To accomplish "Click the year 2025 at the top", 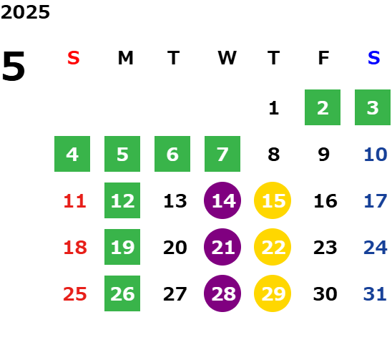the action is click(x=25, y=12).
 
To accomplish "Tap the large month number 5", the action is click(x=14, y=66).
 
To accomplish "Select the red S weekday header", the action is click(x=74, y=58).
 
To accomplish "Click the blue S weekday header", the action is click(x=374, y=58).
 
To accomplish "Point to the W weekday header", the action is click(x=227, y=58).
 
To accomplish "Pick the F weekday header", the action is click(x=323, y=58).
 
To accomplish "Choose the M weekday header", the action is click(x=125, y=58).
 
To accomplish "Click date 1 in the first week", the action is click(x=274, y=108).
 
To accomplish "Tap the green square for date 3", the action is click(x=373, y=107).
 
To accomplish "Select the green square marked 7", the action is click(x=222, y=154).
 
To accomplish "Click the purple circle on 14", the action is click(x=222, y=200).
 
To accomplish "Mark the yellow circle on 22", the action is click(x=273, y=247).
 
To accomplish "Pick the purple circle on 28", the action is click(x=222, y=293).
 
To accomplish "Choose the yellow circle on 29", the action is click(x=273, y=293).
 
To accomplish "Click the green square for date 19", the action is click(x=122, y=247).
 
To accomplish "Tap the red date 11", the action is click(x=74, y=201).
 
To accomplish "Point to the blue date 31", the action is click(x=375, y=294).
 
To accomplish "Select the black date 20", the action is click(x=175, y=248).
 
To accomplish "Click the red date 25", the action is click(x=75, y=294).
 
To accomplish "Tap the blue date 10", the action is click(x=376, y=155).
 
